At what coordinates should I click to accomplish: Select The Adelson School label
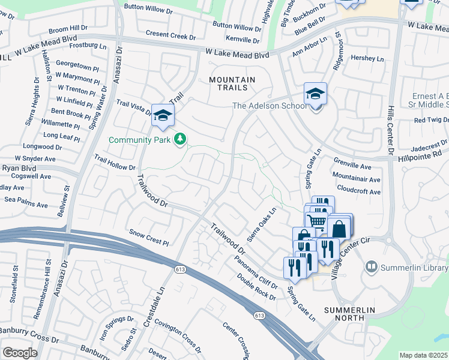(268, 106)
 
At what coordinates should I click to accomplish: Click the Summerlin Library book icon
(372, 266)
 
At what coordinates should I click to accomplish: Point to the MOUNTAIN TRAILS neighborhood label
(232, 84)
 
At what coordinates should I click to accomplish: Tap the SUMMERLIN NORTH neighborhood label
(349, 314)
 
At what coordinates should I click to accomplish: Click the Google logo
(19, 352)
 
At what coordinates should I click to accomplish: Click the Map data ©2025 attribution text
(423, 355)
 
